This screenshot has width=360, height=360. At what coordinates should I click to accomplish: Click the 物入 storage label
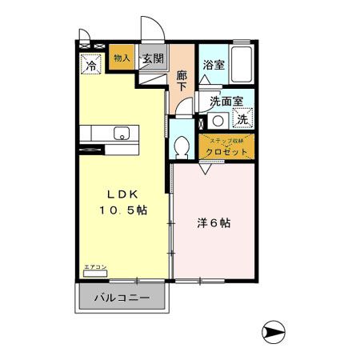pos(122,58)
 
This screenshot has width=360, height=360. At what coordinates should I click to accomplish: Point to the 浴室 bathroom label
pos(213,66)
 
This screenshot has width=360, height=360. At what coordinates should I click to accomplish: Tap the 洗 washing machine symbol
pos(240,120)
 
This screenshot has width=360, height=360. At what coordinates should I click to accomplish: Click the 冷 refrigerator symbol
pos(91,66)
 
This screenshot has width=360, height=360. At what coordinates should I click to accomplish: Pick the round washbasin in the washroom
pos(216,122)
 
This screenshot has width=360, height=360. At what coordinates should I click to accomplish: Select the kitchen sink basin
pos(122,133)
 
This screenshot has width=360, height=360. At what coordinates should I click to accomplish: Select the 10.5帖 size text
pos(123,211)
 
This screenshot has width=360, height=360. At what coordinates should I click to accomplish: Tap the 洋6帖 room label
pos(214,223)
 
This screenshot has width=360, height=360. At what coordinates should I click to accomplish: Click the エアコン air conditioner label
pos(94,267)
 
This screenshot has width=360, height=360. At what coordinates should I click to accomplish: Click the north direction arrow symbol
pos(274,328)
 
